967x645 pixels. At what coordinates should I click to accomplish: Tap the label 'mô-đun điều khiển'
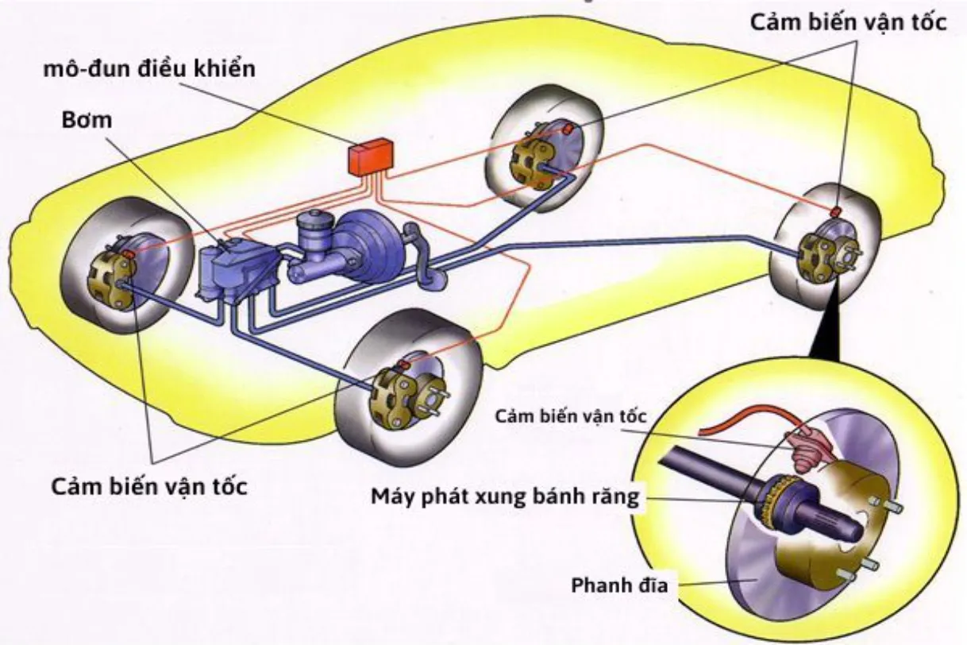(149, 68)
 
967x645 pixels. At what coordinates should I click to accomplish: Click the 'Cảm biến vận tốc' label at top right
(849, 22)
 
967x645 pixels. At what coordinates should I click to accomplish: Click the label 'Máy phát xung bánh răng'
(505, 497)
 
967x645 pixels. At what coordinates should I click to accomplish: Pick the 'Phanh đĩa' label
(619, 586)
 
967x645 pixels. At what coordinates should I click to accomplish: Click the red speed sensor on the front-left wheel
(127, 253)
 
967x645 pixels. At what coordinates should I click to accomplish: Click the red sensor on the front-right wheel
(403, 363)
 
